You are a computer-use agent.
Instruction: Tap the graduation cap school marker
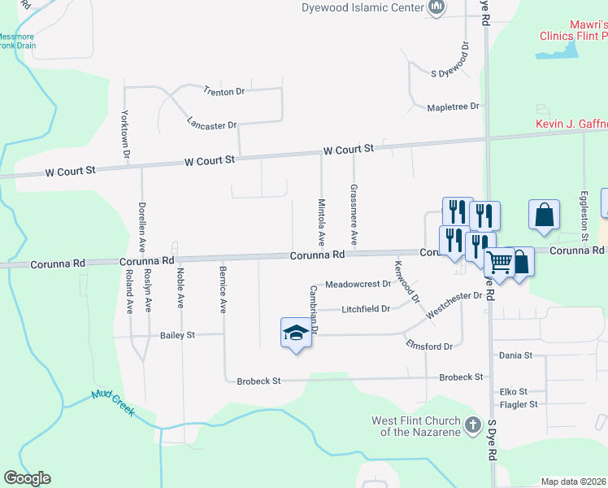point(296,333)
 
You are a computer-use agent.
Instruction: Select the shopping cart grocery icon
point(497,263)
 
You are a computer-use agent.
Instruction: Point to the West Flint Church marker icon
point(472,425)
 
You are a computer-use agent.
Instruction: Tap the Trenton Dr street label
point(224,91)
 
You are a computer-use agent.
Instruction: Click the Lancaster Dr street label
point(211,125)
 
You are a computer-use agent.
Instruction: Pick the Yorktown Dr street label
point(126,133)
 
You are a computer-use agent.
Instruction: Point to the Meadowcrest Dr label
point(358,285)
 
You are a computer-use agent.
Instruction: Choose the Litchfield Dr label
point(366,309)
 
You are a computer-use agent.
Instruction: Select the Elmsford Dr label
point(429,346)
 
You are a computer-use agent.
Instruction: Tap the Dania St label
point(515,355)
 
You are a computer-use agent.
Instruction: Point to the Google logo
point(28,478)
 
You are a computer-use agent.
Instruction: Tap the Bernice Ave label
point(222,289)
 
